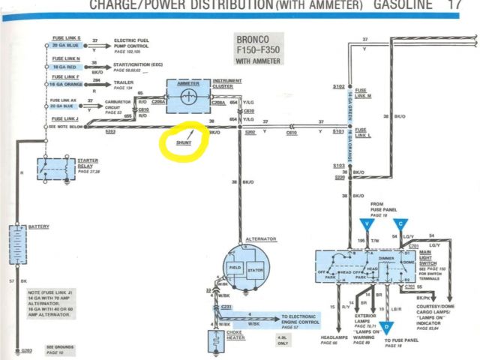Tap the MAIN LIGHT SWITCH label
coord(447,261)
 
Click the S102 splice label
coord(338,86)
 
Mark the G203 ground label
coord(27,350)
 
